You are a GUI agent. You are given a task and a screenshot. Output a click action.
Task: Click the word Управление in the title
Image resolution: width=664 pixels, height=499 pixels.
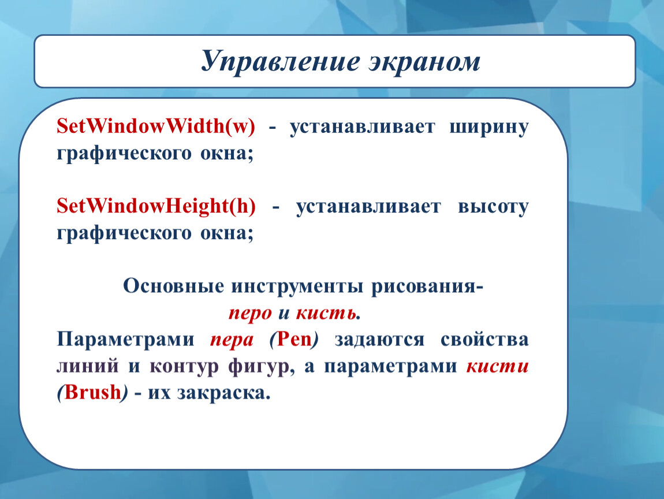[x=281, y=62]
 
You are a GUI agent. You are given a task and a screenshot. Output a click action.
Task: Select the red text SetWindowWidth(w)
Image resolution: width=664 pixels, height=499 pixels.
[x=156, y=126]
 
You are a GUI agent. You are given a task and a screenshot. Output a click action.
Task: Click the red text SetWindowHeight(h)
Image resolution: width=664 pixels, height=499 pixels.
[x=156, y=206]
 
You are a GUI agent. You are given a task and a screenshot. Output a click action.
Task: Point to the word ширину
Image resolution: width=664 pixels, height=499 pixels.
[x=488, y=128]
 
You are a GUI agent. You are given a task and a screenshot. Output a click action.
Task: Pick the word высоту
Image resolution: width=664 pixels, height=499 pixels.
[x=493, y=207]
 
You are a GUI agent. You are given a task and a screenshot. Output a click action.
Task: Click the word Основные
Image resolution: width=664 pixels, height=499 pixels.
[x=173, y=286]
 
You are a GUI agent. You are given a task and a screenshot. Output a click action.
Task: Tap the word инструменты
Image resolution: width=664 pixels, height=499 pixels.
[x=297, y=287]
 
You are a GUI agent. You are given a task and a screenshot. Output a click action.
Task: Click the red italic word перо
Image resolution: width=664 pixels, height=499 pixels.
[x=250, y=314]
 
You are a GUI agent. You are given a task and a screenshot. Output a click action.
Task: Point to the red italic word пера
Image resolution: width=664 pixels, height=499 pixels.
[x=232, y=340]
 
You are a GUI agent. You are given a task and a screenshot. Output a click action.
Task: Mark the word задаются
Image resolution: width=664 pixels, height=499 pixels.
[x=379, y=340]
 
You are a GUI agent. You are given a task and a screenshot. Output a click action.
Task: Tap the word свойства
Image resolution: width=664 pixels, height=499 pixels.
[x=484, y=340]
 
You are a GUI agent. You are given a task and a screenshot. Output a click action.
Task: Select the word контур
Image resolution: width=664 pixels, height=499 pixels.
[x=184, y=367]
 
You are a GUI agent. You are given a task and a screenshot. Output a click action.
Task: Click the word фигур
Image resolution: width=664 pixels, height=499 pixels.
[x=259, y=367]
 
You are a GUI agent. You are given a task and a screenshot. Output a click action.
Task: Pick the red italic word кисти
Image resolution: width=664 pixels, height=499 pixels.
[x=498, y=366]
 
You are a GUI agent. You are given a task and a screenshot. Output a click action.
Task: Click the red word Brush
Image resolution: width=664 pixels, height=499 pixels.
[x=93, y=392]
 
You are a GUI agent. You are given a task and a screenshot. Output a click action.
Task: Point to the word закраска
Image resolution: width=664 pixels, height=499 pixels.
[x=223, y=393]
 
